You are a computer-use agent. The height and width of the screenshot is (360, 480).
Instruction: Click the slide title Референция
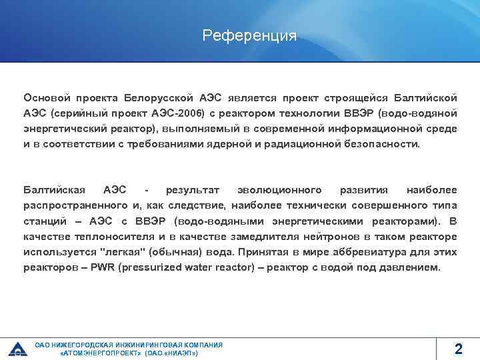(x=249, y=35)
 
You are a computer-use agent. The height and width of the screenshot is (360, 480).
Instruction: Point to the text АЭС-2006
(x=179, y=113)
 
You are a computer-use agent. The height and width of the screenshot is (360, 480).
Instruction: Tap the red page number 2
(x=458, y=348)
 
